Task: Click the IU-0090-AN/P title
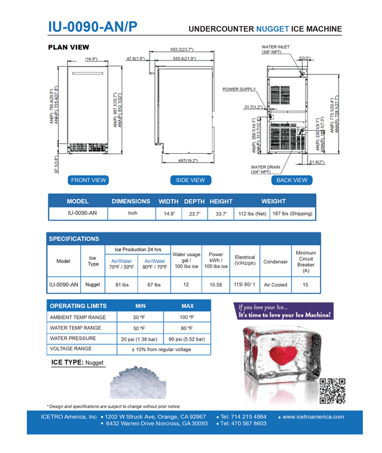pos(92,27)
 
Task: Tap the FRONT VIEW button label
pos(88,180)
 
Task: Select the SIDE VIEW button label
pos(190,180)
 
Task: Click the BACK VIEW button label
pos(292,180)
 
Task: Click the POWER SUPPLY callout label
pos(239,90)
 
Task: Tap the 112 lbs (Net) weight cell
pos(253,213)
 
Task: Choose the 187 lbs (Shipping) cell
pos(292,213)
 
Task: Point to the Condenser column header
pos(276,261)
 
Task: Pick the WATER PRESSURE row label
pos(74,339)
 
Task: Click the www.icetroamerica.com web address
pos(313,417)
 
